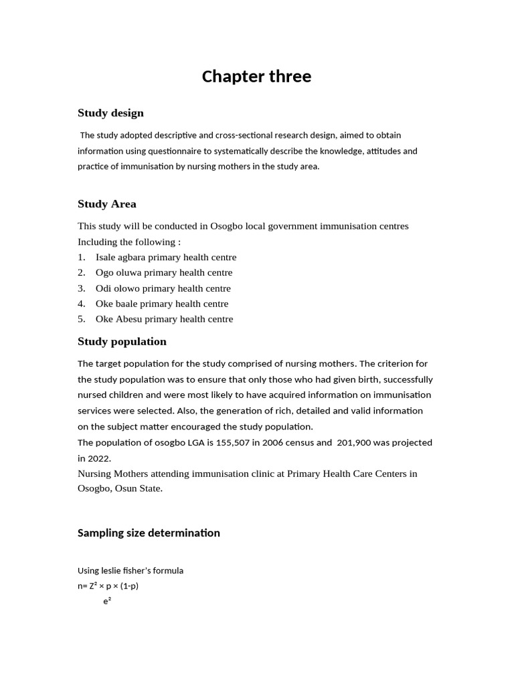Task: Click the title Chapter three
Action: click(256, 76)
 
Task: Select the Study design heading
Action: click(110, 112)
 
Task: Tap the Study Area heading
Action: click(106, 203)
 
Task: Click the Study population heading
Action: click(122, 341)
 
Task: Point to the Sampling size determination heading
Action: click(149, 532)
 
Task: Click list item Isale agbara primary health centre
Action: click(166, 257)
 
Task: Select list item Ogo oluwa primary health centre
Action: click(164, 272)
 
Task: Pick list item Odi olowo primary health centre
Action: click(163, 288)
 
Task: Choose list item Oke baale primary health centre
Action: click(162, 304)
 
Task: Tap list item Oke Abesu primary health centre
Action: click(164, 319)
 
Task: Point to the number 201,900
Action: click(357, 442)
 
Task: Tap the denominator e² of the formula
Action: click(107, 601)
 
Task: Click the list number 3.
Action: click(81, 288)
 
